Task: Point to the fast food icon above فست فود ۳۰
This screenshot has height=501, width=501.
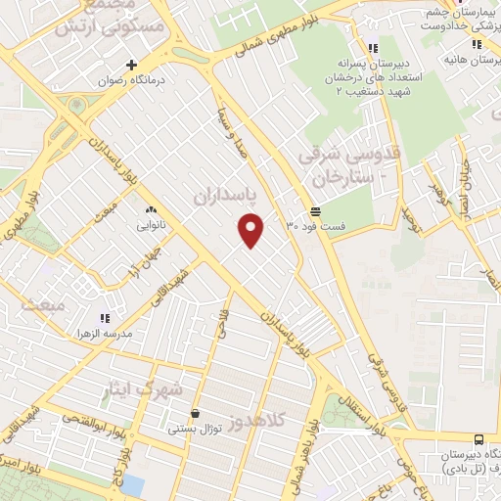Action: tap(315, 210)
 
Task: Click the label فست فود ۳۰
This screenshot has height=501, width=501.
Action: tap(315, 227)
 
